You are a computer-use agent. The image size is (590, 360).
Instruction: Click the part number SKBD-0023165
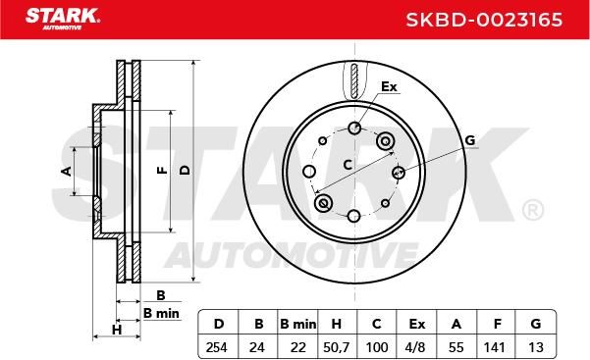click(x=484, y=20)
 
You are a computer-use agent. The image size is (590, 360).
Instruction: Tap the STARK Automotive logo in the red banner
click(x=63, y=19)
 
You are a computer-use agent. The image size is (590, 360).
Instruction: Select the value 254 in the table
click(x=216, y=347)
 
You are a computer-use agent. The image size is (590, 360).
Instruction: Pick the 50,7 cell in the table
click(x=337, y=347)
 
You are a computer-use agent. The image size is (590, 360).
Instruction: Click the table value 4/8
click(x=415, y=347)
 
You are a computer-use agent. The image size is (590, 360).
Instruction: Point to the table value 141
click(x=494, y=347)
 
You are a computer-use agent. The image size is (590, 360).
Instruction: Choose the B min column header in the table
click(x=298, y=324)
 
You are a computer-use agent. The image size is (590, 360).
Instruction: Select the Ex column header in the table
click(x=417, y=324)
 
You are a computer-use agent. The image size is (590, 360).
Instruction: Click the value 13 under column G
click(x=536, y=347)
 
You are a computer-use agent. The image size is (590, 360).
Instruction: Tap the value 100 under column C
click(x=377, y=347)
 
